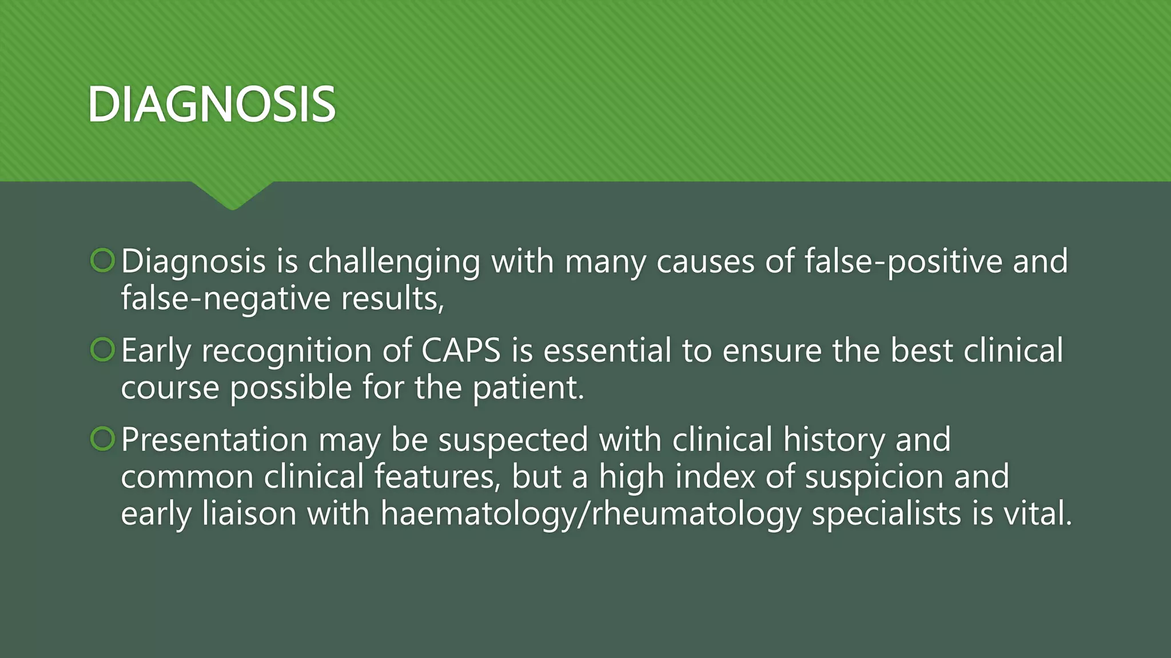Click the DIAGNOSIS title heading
tap(212, 104)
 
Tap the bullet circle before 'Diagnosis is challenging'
tap(103, 260)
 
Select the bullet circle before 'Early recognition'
tap(103, 350)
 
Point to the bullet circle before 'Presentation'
tap(103, 439)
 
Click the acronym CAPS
tap(461, 350)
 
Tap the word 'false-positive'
tap(903, 262)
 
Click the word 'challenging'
tap(394, 263)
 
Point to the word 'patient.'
tap(528, 388)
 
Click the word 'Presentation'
tap(214, 440)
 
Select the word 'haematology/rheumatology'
tap(591, 514)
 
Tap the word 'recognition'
tap(286, 351)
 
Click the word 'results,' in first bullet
tap(392, 299)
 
